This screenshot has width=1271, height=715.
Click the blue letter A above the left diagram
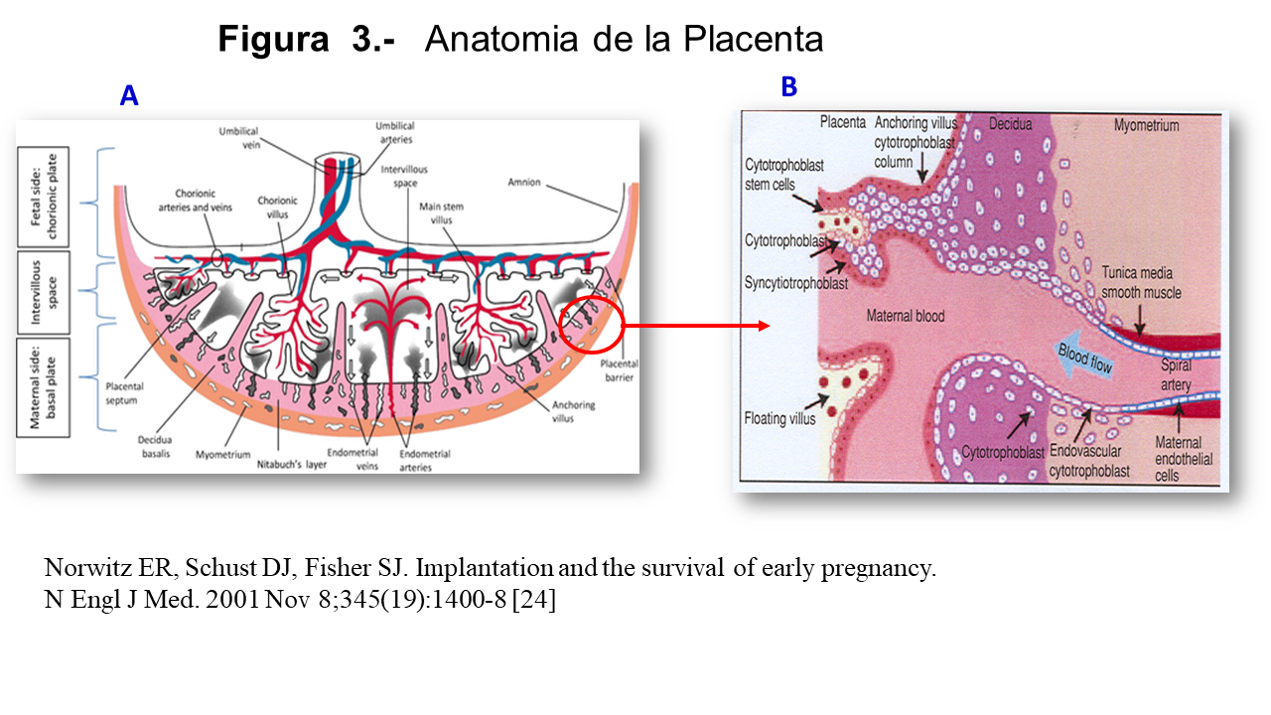pyautogui.click(x=129, y=95)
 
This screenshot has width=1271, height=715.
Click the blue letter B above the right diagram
pyautogui.click(x=788, y=87)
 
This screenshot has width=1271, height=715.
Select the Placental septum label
pyautogui.click(x=126, y=391)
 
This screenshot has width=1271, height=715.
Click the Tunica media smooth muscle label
pyautogui.click(x=1141, y=282)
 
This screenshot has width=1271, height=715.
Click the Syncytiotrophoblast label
pyautogui.click(x=796, y=283)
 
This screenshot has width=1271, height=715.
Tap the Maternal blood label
pyautogui.click(x=905, y=317)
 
